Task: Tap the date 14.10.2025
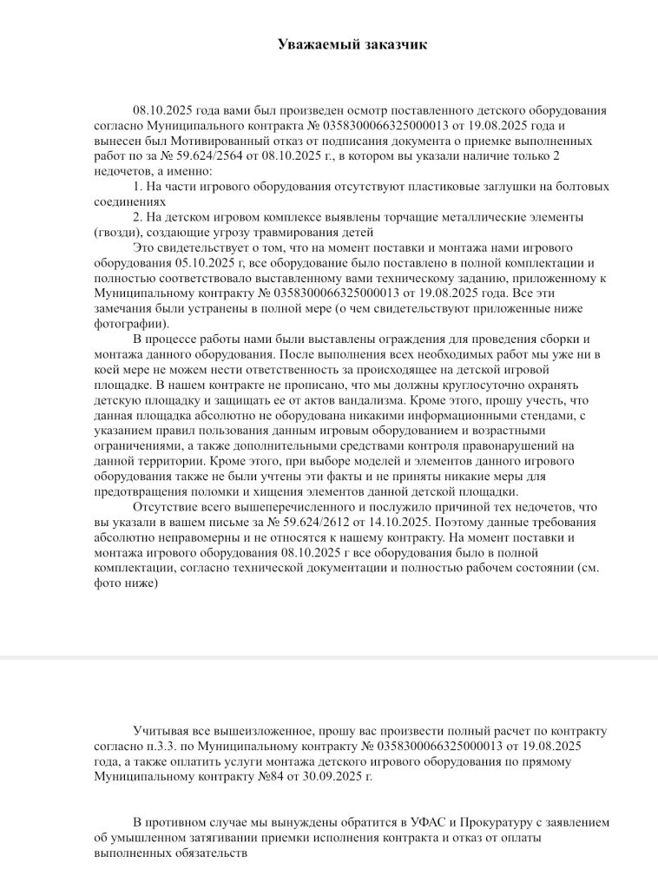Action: [x=396, y=522]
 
